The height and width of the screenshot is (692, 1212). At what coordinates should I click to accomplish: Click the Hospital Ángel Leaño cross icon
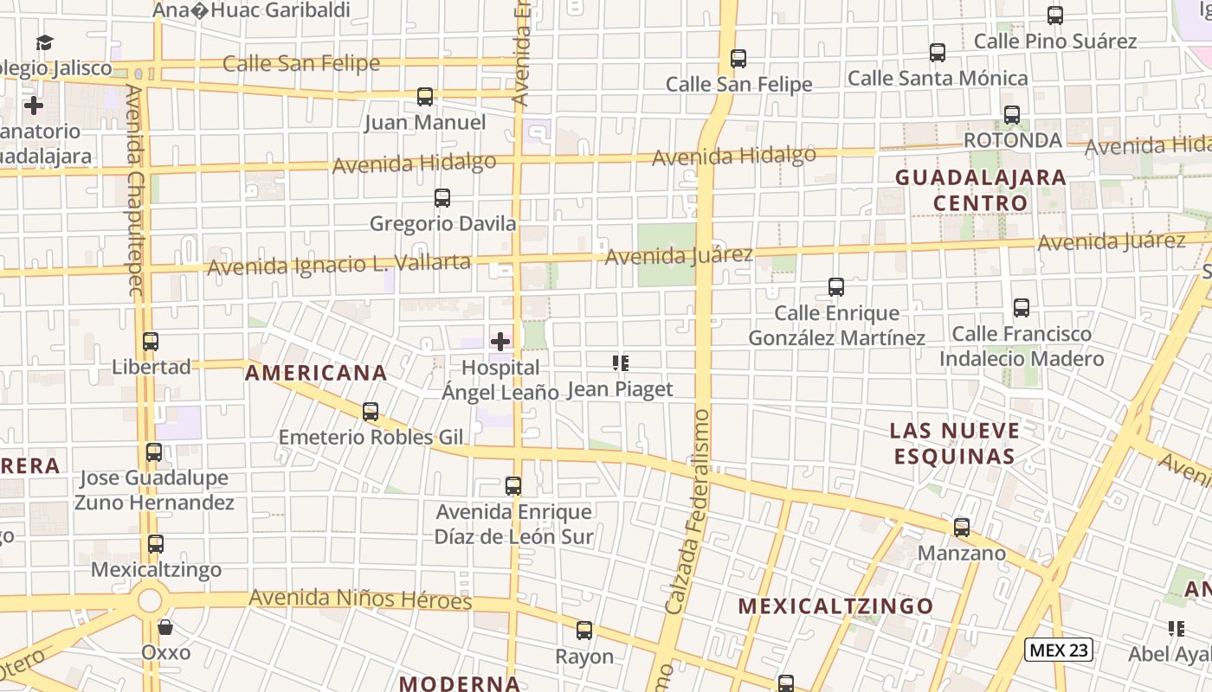point(500,341)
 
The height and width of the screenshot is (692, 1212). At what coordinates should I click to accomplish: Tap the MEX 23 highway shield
point(1058,650)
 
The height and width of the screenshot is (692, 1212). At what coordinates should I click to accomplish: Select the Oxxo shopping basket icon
point(165,626)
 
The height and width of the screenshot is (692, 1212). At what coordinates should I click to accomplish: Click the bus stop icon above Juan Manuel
point(424,97)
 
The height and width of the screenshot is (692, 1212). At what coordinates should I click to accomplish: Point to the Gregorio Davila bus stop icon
point(442,198)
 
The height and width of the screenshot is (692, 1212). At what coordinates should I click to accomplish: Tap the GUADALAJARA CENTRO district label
point(980,190)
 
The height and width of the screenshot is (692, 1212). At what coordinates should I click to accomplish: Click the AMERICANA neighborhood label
point(316,373)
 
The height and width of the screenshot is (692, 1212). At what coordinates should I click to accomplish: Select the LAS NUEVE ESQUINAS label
point(954,443)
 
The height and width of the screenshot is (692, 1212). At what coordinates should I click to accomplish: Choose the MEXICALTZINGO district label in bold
point(835,606)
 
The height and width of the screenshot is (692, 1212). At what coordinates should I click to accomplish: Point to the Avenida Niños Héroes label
point(360,599)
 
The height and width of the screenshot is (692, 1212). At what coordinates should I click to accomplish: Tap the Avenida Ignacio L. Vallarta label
point(339,264)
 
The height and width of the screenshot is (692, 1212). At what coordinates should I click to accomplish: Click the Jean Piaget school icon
point(620,363)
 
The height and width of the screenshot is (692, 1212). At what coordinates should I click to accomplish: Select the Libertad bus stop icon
point(151,342)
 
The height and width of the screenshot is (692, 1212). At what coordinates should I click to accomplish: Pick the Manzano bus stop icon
point(961,528)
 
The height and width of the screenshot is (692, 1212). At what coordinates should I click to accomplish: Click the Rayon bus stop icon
point(584,631)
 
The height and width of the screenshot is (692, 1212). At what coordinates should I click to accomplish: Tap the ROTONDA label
point(1012,140)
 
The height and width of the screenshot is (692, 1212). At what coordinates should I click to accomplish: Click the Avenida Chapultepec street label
point(134,190)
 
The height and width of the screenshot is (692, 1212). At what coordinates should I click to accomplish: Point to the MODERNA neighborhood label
point(460,683)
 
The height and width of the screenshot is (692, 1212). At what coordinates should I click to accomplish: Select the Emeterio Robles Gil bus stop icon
point(371,412)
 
